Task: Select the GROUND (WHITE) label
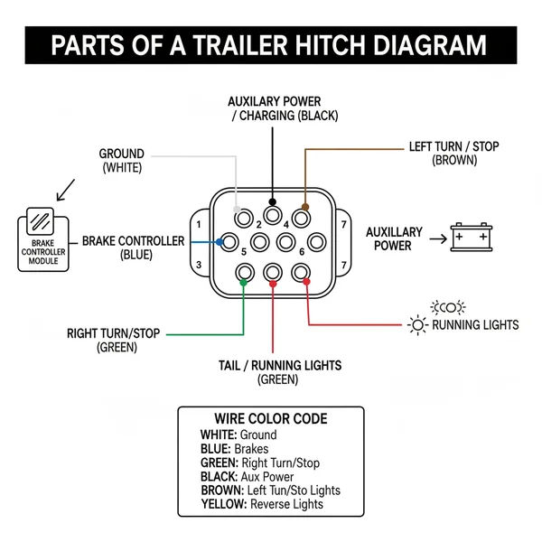click(x=121, y=161)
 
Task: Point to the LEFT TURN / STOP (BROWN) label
click(x=453, y=153)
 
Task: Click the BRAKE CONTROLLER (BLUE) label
click(x=133, y=248)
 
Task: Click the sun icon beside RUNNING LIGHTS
click(x=417, y=324)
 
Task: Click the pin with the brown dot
click(x=304, y=217)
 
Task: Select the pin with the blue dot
click(x=230, y=242)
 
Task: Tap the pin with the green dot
click(x=244, y=272)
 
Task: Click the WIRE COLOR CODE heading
click(x=270, y=419)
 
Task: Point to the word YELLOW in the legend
click(x=223, y=503)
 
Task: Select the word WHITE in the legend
click(x=218, y=435)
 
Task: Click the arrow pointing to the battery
click(x=437, y=239)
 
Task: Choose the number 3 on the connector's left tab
click(x=198, y=265)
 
